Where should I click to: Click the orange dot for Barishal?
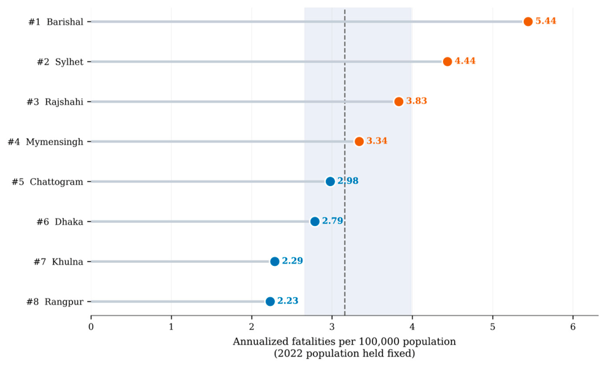(528, 21)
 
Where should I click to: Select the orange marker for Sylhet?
(447, 62)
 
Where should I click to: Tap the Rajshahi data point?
(399, 101)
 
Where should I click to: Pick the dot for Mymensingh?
(359, 142)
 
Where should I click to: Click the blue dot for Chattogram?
(330, 181)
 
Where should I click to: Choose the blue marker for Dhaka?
(315, 222)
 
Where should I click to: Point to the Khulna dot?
(274, 262)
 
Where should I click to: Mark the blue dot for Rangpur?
(270, 302)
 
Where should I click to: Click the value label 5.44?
(545, 21)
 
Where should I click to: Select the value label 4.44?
(465, 61)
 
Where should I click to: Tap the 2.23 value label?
(288, 301)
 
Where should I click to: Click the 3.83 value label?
(417, 101)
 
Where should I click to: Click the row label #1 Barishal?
(56, 22)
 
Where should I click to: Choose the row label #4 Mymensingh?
(45, 142)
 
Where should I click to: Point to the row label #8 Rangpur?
(55, 302)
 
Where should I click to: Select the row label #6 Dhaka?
(60, 222)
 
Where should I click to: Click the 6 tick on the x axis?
(572, 327)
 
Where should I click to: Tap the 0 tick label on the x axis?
(91, 327)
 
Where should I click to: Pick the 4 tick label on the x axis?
(412, 327)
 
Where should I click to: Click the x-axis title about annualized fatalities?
(344, 347)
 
